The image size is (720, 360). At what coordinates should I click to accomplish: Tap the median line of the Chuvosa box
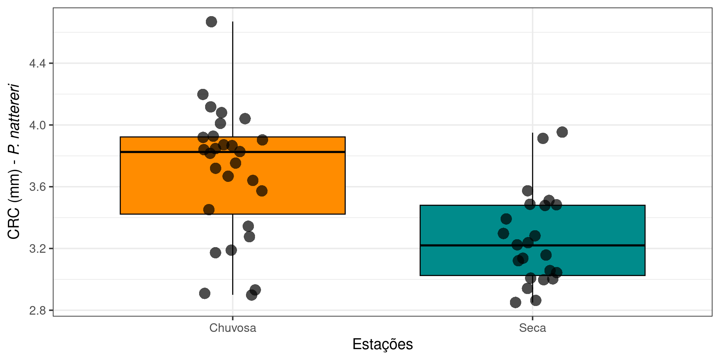click(x=300, y=152)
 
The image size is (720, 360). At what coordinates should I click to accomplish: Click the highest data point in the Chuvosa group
click(x=211, y=22)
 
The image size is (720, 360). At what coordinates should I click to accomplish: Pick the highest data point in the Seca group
click(x=562, y=132)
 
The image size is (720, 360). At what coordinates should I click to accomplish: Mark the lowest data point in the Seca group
click(x=516, y=302)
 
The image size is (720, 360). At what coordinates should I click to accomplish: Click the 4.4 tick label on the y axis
click(x=37, y=63)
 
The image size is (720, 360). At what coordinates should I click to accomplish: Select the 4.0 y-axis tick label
click(x=37, y=125)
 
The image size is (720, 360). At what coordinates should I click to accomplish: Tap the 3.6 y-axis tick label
click(x=37, y=187)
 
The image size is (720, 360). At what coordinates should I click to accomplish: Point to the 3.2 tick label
click(x=37, y=249)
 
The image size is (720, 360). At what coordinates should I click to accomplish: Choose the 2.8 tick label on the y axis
click(x=37, y=310)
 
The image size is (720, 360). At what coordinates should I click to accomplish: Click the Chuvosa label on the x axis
click(x=232, y=328)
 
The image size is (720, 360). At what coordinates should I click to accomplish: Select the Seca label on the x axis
click(x=532, y=328)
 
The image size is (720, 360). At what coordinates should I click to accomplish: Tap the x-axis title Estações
click(x=382, y=344)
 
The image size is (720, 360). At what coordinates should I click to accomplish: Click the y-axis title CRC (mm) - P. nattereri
click(x=14, y=161)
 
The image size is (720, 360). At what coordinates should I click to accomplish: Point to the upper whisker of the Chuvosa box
click(x=232, y=75)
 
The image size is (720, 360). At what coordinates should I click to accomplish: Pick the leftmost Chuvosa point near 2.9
click(x=204, y=293)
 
